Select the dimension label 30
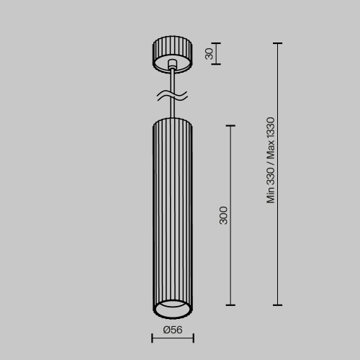210,54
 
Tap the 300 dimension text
223,215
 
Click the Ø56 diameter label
172,330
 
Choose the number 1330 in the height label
271,130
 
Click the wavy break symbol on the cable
172,95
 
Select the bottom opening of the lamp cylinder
172,310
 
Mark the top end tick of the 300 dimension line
231,126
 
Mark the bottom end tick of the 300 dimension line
231,305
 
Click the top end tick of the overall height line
278,43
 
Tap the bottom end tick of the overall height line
278,305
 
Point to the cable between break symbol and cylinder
172,108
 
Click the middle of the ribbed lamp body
172,216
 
